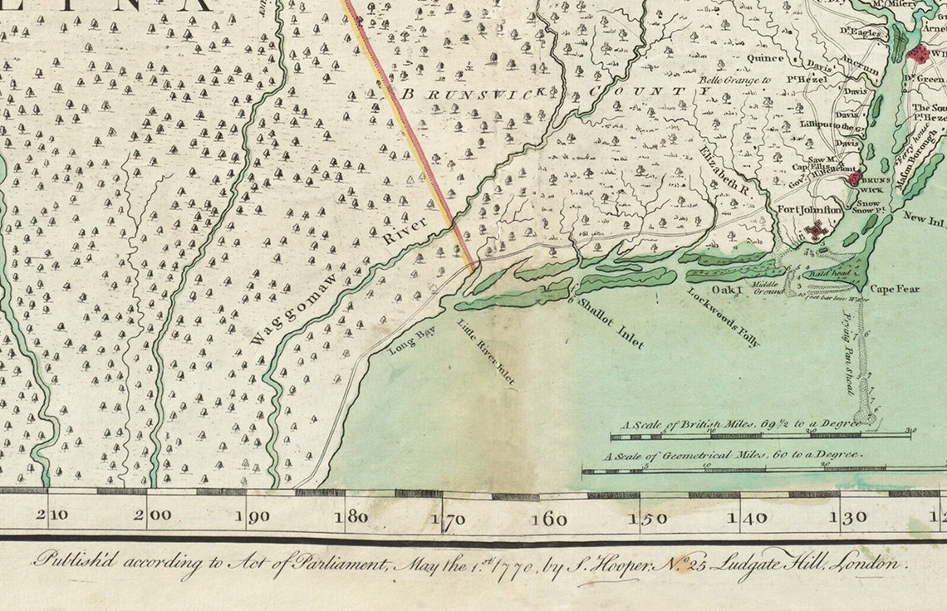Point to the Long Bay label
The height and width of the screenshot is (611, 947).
click(413, 341)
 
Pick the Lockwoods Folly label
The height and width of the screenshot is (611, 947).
click(724, 315)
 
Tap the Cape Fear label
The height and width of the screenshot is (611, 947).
click(895, 290)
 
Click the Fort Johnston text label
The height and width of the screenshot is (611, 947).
click(810, 210)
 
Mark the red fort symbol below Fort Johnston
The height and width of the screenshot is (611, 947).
click(817, 230)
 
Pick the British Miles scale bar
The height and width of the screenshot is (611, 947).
click(760, 435)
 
